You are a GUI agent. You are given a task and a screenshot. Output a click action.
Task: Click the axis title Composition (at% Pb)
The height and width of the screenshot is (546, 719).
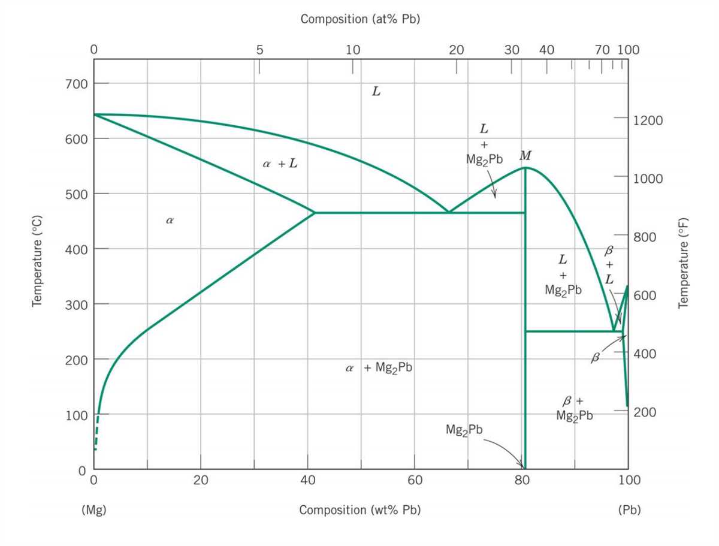(x=360, y=19)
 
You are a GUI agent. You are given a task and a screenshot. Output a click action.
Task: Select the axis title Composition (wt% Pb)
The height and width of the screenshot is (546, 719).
(x=359, y=510)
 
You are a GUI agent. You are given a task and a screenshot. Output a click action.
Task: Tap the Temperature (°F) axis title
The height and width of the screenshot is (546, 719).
(x=683, y=263)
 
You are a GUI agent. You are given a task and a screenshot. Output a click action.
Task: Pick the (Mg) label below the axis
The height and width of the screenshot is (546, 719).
(x=93, y=510)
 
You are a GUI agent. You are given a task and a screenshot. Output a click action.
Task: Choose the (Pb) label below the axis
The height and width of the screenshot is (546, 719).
(x=629, y=510)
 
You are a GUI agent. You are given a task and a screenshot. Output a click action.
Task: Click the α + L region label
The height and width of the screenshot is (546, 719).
(x=279, y=164)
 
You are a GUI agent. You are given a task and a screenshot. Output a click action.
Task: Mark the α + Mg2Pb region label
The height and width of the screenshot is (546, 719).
(x=379, y=368)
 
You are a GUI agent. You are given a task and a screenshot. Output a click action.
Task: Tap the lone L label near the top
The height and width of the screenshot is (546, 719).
(x=376, y=92)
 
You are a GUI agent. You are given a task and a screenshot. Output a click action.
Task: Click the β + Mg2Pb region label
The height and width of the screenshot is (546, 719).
(x=574, y=408)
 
